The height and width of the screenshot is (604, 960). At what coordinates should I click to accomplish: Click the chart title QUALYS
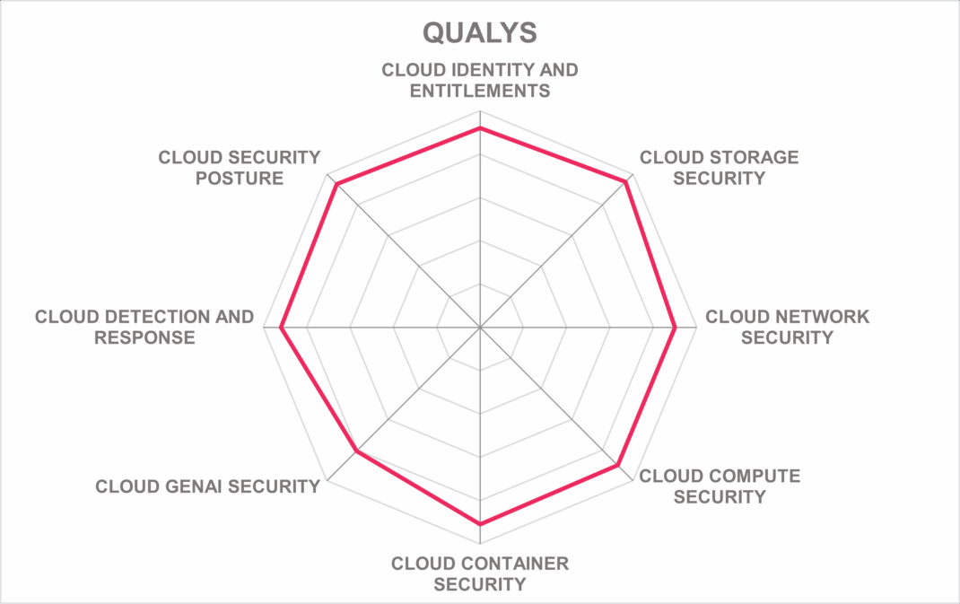point(480,33)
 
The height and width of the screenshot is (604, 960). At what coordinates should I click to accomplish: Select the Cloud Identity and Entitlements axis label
point(480,80)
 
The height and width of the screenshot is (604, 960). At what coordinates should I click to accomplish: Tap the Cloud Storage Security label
point(719,168)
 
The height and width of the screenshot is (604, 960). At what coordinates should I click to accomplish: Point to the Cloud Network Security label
point(787,327)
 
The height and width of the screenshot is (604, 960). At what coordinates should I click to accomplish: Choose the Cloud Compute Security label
point(720,486)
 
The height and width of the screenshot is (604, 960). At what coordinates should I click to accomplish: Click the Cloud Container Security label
point(480,574)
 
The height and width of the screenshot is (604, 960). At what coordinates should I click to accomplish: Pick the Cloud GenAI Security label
point(207,486)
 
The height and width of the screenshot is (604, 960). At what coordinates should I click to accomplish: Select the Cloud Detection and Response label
point(144,327)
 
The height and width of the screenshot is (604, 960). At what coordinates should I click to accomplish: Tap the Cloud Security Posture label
point(240,168)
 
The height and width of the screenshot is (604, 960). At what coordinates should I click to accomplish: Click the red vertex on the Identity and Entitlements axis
point(480,127)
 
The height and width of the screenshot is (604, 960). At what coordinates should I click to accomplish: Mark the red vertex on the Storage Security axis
point(626,181)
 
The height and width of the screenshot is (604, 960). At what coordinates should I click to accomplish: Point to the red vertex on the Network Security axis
point(675,328)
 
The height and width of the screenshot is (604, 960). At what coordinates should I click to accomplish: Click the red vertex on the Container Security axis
point(480,524)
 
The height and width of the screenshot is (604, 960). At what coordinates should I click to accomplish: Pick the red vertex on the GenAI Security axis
point(356,452)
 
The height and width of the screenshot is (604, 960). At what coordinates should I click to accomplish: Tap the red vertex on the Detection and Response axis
point(281,328)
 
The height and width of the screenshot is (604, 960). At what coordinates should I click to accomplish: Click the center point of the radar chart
point(480,328)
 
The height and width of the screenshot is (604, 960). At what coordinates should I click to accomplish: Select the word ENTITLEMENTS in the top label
point(480,91)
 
